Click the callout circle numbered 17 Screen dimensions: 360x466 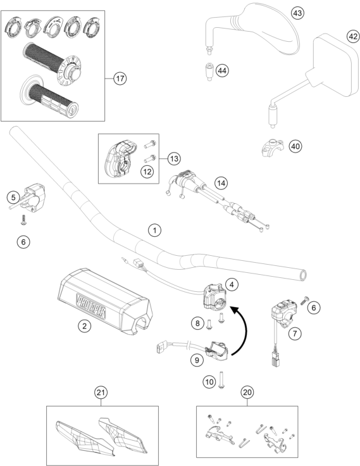click(x=120, y=79)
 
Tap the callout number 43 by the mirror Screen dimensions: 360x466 click(x=297, y=13)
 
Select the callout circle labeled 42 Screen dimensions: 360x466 click(x=353, y=37)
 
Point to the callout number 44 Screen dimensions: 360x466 click(x=222, y=71)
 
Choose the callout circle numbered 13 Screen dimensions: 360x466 click(x=174, y=158)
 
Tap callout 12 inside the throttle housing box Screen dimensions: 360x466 click(x=147, y=172)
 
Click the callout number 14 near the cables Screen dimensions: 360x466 click(x=221, y=183)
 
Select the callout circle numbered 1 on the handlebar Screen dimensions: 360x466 click(x=154, y=230)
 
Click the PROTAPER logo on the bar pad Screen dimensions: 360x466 click(x=91, y=306)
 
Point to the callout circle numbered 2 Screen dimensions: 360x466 click(x=84, y=326)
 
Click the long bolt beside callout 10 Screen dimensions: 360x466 click(x=221, y=379)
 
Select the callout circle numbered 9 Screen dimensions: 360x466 click(x=197, y=360)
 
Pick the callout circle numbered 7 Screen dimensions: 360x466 click(x=295, y=334)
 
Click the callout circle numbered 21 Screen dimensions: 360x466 click(x=101, y=393)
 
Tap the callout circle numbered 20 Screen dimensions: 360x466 click(x=247, y=393)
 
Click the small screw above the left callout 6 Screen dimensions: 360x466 click(x=23, y=220)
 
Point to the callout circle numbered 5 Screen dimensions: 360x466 click(x=13, y=198)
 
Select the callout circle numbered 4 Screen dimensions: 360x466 click(x=232, y=284)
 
